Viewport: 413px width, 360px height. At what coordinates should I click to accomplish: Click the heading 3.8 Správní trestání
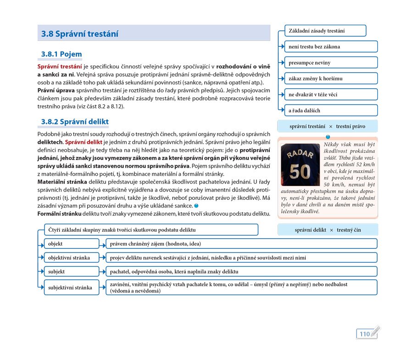click(x=80, y=34)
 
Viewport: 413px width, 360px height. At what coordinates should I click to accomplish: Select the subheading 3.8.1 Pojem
click(x=61, y=54)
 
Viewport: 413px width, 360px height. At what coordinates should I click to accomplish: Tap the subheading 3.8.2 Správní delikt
click(x=75, y=122)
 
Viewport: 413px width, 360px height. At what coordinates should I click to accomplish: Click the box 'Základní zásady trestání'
click(x=325, y=31)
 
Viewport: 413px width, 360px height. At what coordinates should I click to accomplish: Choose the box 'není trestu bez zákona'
click(x=331, y=47)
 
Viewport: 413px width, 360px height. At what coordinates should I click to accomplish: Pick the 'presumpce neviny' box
click(x=331, y=62)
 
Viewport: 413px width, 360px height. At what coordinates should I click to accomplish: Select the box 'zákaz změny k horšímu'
click(x=331, y=79)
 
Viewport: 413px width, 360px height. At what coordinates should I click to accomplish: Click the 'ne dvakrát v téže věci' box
click(x=331, y=95)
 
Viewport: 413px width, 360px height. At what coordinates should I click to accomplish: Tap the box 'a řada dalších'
click(x=331, y=111)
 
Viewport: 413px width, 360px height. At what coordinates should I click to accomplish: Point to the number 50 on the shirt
click(x=301, y=171)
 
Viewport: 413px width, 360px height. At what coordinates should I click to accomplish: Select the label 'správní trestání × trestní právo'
click(x=327, y=126)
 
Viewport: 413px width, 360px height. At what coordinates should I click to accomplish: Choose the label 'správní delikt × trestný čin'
click(x=327, y=230)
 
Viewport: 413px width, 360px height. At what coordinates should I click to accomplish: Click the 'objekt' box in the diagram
click(x=71, y=244)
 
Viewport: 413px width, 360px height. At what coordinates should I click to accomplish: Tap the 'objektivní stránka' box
click(x=71, y=258)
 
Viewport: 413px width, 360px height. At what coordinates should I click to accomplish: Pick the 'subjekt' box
click(x=71, y=271)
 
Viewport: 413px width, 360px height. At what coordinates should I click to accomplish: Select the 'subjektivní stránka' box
click(x=71, y=288)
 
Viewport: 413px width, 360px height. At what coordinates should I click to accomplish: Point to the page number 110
click(x=364, y=334)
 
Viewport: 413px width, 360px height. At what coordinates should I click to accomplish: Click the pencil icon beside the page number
click(x=375, y=331)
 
